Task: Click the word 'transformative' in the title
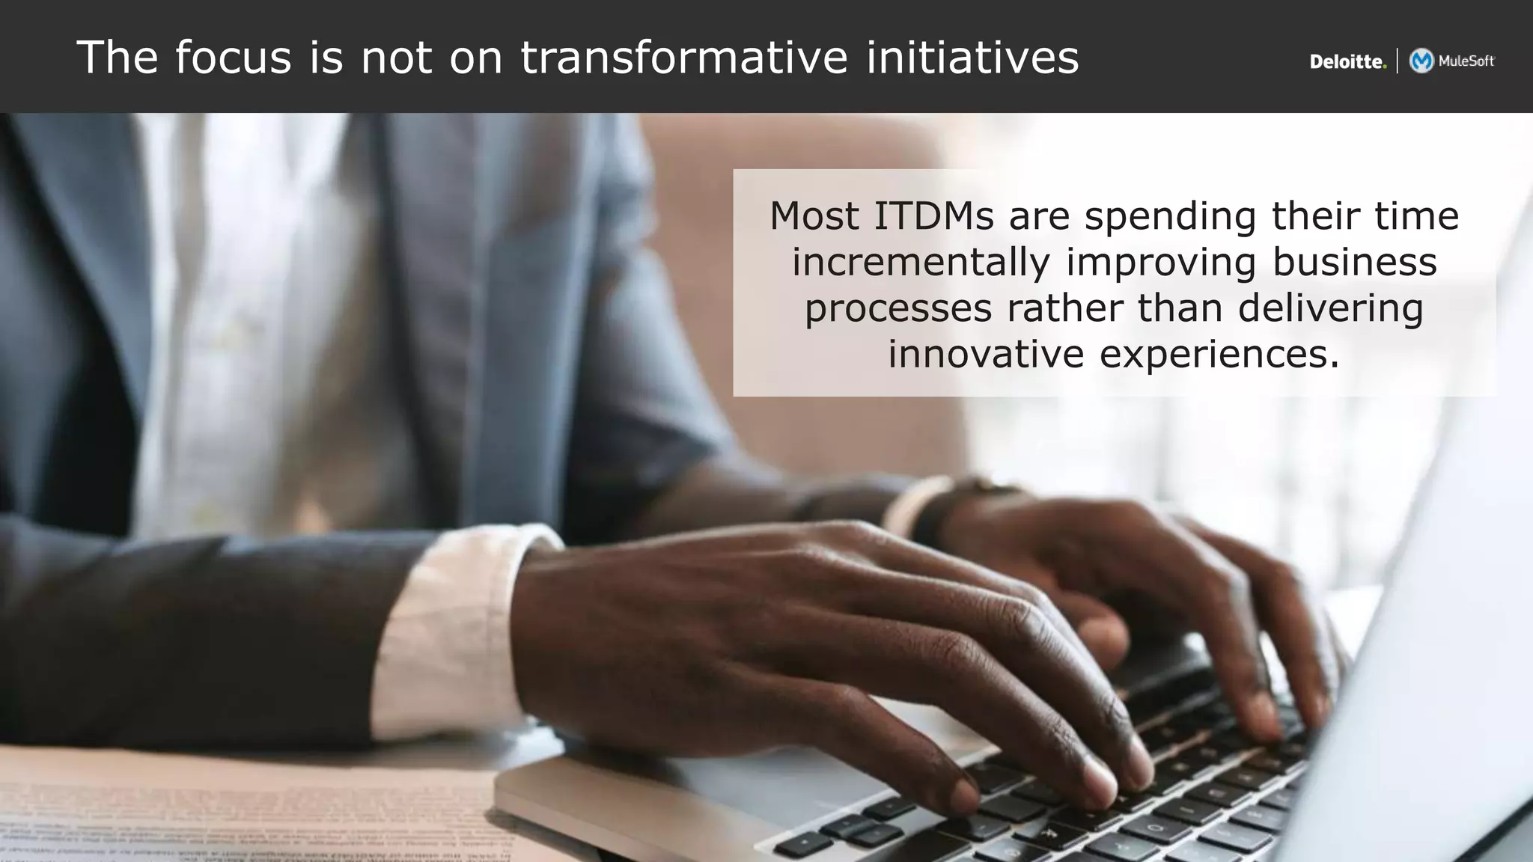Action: pos(684,58)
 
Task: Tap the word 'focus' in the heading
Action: pos(233,58)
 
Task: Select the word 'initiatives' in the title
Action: pos(972,58)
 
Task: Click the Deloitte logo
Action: pos(1347,62)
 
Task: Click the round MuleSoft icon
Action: pos(1421,61)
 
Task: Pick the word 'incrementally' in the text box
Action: pos(921,263)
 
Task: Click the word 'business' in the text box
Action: pos(1354,263)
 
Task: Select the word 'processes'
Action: pos(898,309)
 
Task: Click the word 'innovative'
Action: pos(986,355)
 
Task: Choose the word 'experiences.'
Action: pos(1219,355)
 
